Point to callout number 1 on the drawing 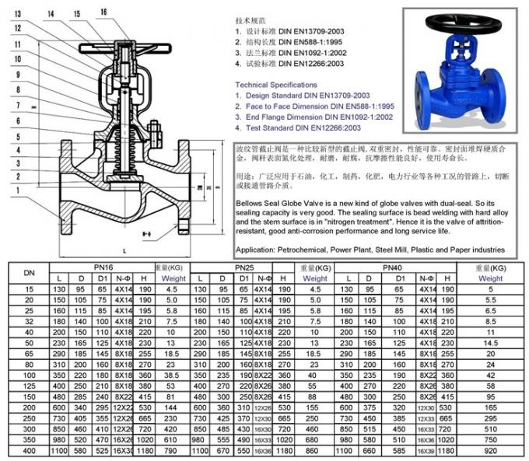click(x=17, y=189)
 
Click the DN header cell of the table click(x=29, y=273)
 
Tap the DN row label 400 click(x=29, y=450)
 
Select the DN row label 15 click(x=29, y=288)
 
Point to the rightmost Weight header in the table click(x=490, y=278)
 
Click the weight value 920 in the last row click(x=490, y=450)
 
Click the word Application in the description click(x=256, y=250)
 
